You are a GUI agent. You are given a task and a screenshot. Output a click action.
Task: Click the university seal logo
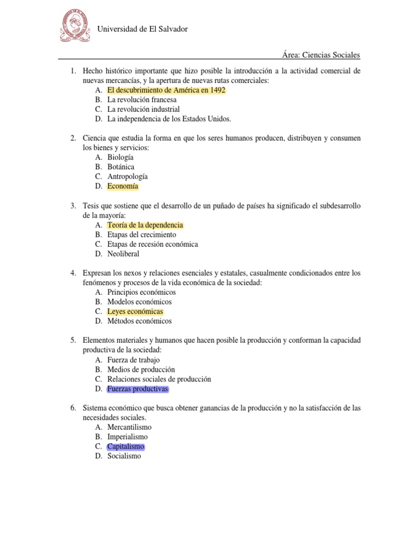(74, 28)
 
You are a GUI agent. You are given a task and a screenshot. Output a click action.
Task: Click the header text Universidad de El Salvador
(142, 29)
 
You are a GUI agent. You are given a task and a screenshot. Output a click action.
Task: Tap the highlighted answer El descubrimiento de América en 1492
(166, 90)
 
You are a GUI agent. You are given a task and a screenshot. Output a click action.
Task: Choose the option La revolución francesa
(142, 100)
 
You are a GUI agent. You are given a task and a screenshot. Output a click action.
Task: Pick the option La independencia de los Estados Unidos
(169, 118)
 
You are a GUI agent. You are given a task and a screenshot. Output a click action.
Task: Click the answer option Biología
(120, 157)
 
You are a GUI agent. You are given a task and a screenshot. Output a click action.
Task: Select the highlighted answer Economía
(123, 186)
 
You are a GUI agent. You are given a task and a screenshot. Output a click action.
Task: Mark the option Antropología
(127, 176)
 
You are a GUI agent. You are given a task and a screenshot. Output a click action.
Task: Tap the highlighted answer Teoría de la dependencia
(145, 225)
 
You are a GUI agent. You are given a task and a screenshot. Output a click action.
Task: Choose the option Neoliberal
(123, 254)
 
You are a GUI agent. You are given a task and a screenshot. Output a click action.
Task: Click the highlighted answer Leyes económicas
(135, 311)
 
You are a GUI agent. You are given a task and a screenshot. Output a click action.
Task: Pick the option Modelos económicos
(139, 301)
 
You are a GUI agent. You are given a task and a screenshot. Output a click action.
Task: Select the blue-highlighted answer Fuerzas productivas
(138, 389)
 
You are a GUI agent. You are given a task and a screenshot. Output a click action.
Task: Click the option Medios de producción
(141, 370)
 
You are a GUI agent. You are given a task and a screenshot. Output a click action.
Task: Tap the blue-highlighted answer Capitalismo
(126, 446)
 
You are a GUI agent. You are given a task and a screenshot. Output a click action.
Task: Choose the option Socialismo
(124, 456)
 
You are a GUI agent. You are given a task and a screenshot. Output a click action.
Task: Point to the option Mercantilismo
(129, 427)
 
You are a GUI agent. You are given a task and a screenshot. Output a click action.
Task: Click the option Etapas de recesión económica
(152, 244)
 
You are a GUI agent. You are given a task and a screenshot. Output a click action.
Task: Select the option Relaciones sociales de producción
(159, 379)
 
